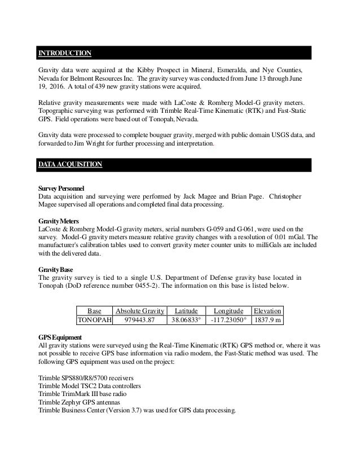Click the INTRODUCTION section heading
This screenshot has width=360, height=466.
coord(64,53)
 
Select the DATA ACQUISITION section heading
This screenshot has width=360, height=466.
coord(70,164)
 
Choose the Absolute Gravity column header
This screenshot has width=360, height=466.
coord(139,311)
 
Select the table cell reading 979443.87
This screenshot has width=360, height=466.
coord(139,320)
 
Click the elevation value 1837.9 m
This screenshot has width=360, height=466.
coord(267,320)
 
